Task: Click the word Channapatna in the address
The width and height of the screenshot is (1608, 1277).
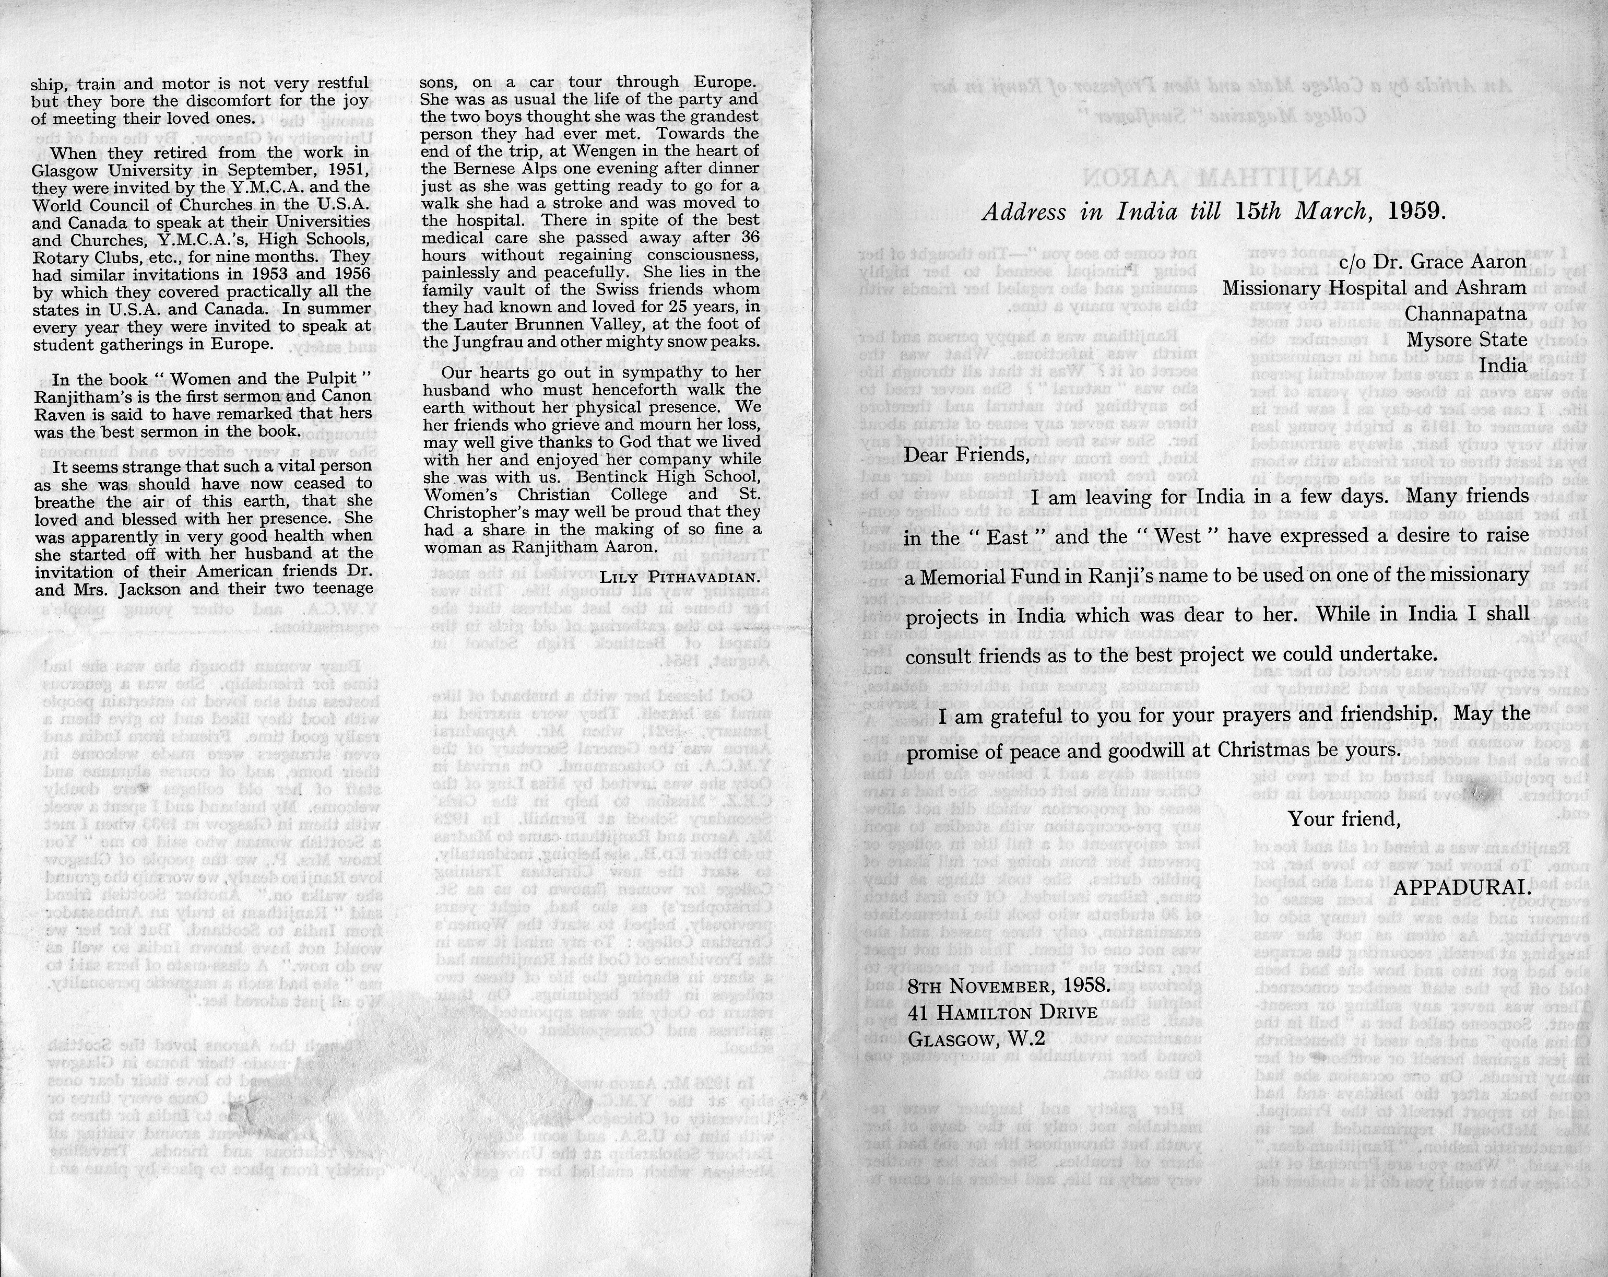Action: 1465,313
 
